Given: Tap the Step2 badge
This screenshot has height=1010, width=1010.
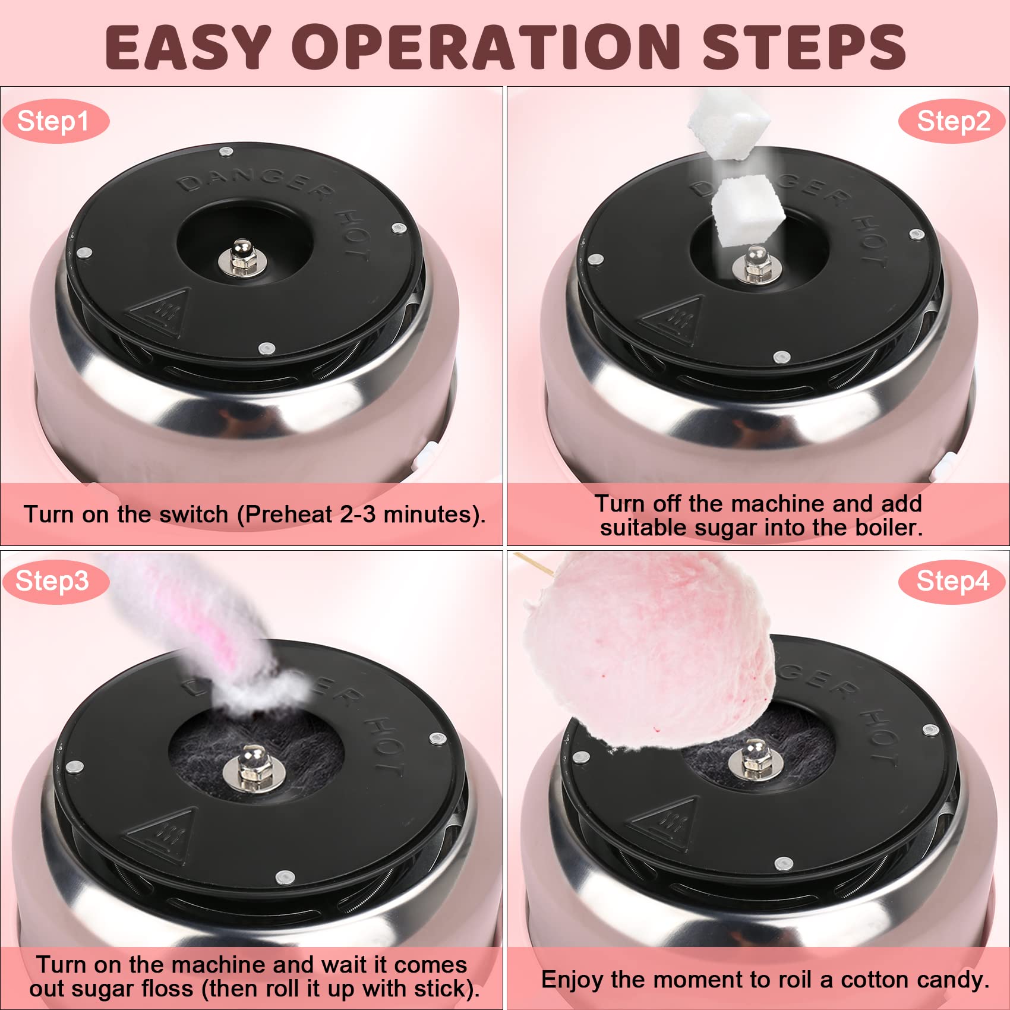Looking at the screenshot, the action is (952, 121).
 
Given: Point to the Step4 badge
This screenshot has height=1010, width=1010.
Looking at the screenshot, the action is (952, 581).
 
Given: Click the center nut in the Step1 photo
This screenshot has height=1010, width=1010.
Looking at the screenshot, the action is (242, 258).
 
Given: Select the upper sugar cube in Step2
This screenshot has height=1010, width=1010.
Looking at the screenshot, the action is (729, 126).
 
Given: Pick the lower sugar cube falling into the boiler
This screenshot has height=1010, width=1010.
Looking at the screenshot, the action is (747, 210).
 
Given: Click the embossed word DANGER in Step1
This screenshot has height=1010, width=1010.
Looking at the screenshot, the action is (255, 180).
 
